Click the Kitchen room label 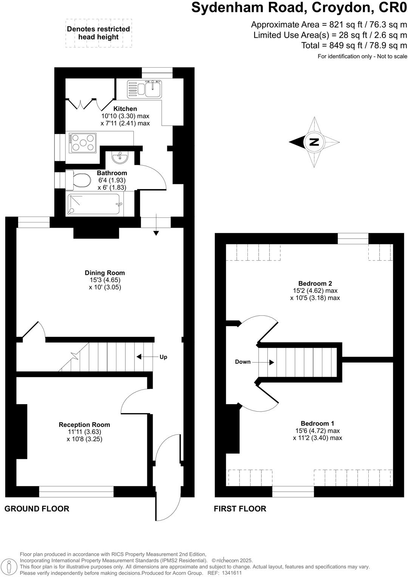pyautogui.click(x=125, y=109)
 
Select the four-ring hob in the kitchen pyautogui.click(x=82, y=143)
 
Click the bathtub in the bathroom pyautogui.click(x=94, y=205)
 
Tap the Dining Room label pyautogui.click(x=105, y=273)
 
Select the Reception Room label pyautogui.click(x=84, y=425)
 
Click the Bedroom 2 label pyautogui.click(x=315, y=284)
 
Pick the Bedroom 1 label pyautogui.click(x=317, y=424)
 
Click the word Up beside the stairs pyautogui.click(x=163, y=357)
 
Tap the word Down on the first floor pyautogui.click(x=243, y=362)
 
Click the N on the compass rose pyautogui.click(x=314, y=142)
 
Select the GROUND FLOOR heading pyautogui.click(x=37, y=509)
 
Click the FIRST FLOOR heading pyautogui.click(x=240, y=509)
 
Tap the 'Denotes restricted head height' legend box pyautogui.click(x=98, y=33)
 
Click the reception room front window pyautogui.click(x=76, y=491)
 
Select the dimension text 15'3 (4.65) pyautogui.click(x=105, y=280)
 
